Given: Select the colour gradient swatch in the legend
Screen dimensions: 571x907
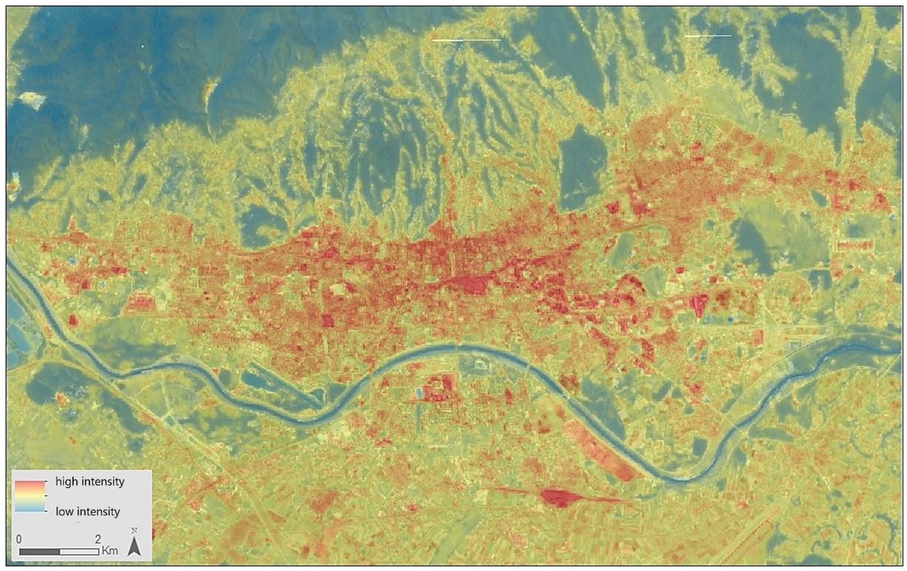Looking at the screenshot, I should (x=30, y=496).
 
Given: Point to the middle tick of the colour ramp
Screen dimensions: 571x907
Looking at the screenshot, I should (x=46, y=496).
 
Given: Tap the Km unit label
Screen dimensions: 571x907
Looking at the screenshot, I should (x=110, y=551).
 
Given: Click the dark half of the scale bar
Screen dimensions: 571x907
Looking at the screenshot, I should (x=40, y=551).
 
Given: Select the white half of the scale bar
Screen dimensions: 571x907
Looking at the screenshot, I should (x=79, y=551).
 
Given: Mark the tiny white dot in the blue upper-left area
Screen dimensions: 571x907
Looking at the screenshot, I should (x=143, y=46).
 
